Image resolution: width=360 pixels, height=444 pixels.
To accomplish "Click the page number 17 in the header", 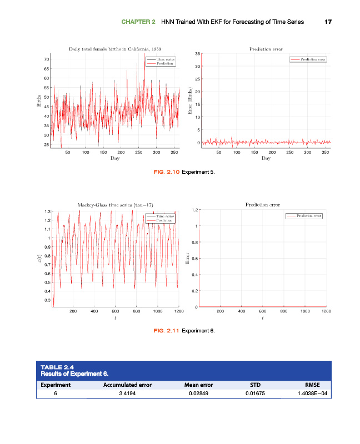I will click(328, 22).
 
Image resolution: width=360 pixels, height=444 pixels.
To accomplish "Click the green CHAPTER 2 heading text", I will click(138, 22).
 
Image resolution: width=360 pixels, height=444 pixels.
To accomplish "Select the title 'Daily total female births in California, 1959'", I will click(115, 49).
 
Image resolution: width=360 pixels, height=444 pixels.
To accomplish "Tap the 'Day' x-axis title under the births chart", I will click(115, 158).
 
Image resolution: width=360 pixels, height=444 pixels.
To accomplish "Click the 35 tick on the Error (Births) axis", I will click(197, 54).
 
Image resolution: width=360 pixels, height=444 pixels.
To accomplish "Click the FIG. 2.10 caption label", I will click(166, 171).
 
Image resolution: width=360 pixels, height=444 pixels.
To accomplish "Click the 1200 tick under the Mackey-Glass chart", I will click(178, 312).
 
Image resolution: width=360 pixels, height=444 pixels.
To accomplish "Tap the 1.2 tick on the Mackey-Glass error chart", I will click(196, 210).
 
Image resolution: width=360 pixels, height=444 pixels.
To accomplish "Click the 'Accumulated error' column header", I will click(127, 384).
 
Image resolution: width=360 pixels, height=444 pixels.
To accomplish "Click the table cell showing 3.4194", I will click(127, 393).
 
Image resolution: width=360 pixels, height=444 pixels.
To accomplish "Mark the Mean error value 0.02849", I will click(198, 393).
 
